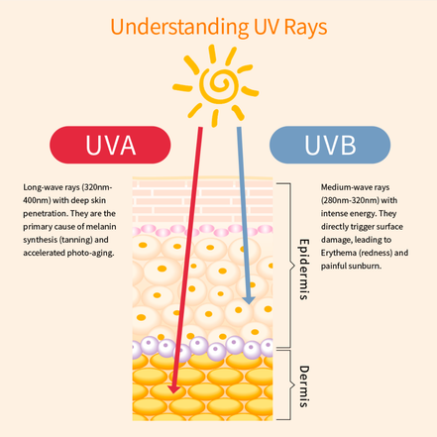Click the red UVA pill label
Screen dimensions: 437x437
point(110,145)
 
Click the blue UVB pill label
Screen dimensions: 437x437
point(330,145)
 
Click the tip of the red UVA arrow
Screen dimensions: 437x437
point(173,393)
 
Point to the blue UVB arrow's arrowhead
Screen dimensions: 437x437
point(249,300)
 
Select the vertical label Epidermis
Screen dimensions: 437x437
point(304,270)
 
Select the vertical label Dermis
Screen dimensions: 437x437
point(304,386)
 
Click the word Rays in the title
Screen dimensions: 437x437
point(305,28)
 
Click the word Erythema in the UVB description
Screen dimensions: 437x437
point(339,253)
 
